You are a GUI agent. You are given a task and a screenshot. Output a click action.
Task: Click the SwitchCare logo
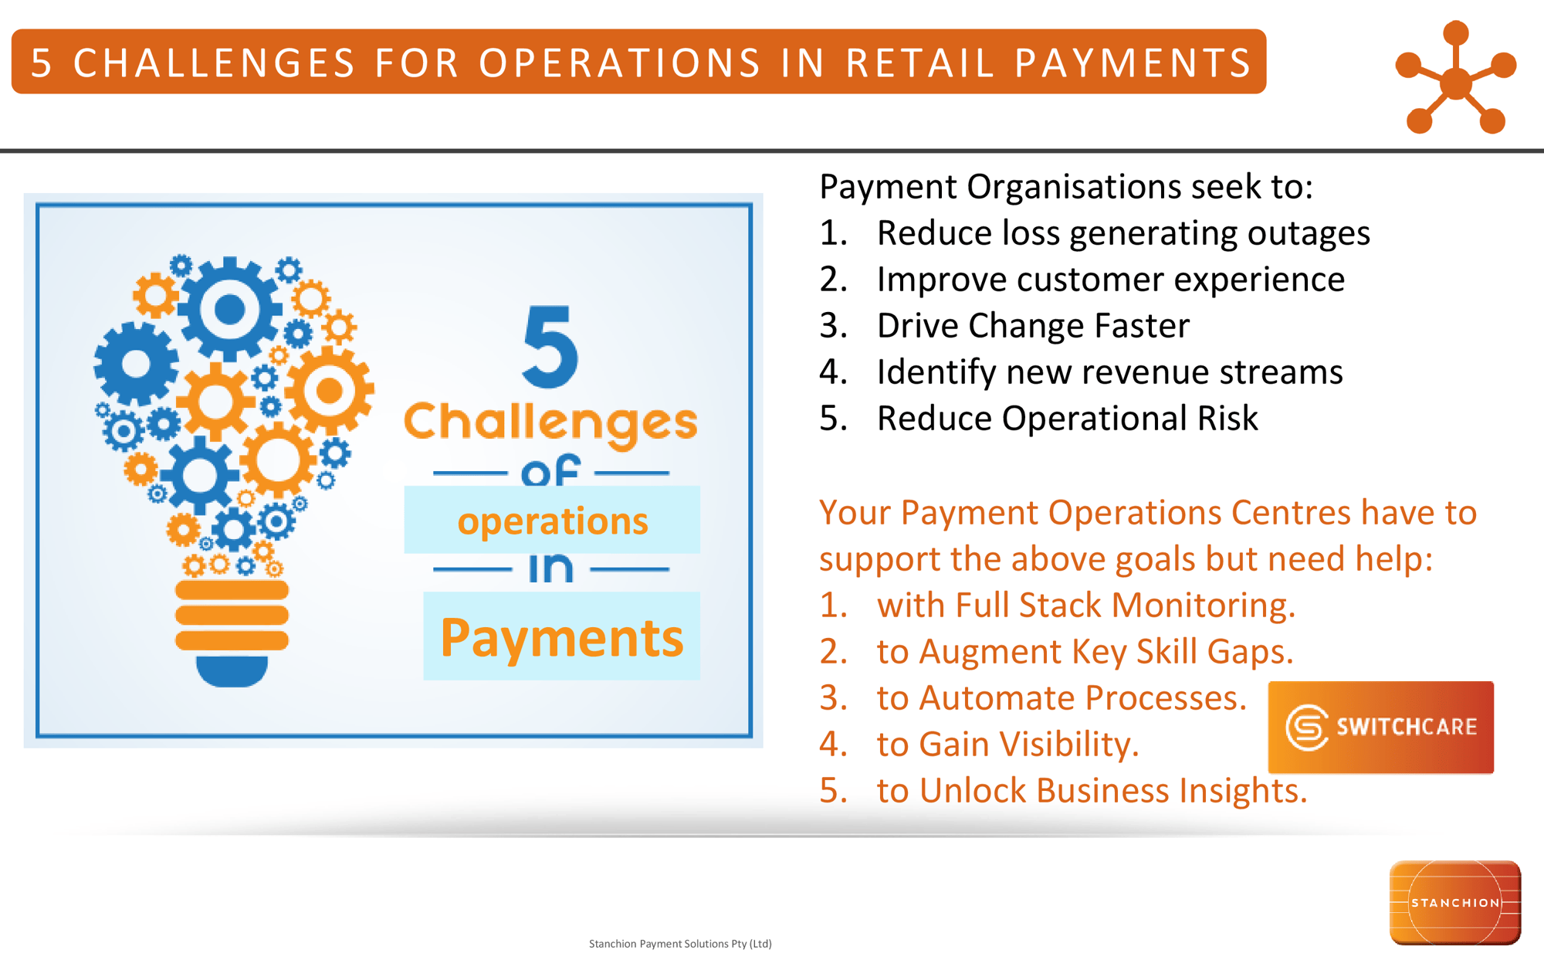click(x=1380, y=727)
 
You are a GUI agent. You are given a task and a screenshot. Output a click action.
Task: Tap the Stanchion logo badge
click(x=1454, y=902)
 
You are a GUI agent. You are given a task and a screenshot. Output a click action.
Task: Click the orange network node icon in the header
click(x=1455, y=78)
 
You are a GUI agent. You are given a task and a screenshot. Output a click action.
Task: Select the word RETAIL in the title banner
click(x=919, y=63)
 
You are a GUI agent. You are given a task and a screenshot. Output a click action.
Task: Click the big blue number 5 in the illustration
click(x=550, y=347)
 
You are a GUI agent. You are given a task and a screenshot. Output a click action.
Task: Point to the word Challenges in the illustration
click(x=550, y=422)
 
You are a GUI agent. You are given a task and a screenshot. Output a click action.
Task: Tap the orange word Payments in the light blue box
click(x=561, y=638)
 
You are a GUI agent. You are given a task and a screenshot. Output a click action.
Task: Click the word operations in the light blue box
click(x=552, y=521)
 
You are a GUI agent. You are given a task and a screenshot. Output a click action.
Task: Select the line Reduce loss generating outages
click(x=1122, y=233)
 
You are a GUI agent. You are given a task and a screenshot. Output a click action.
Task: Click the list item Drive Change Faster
click(x=1032, y=326)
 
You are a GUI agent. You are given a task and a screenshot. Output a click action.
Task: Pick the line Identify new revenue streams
click(x=1109, y=372)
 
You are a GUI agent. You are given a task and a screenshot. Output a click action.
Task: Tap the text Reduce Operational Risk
click(x=1067, y=419)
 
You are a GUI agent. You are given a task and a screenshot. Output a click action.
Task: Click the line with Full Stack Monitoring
click(x=1085, y=606)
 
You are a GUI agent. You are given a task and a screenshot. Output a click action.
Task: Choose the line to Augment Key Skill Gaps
click(x=1084, y=652)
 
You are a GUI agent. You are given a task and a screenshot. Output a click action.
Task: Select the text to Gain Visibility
click(x=1007, y=745)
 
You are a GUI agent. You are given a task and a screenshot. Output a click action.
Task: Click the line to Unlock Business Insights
click(x=1091, y=791)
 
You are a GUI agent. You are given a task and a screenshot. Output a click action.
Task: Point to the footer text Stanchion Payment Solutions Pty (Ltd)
click(x=680, y=944)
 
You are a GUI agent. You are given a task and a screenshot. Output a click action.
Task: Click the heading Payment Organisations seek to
click(x=1065, y=187)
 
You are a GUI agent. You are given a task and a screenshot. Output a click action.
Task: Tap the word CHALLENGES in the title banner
click(x=214, y=63)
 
